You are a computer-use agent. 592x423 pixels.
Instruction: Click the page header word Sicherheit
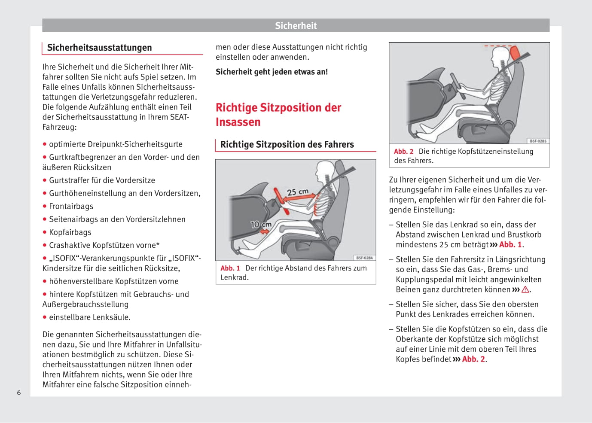pyautogui.click(x=296, y=26)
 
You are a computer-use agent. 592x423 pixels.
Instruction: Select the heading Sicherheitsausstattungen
pyautogui.click(x=99, y=48)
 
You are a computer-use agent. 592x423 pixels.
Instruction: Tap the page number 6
pyautogui.click(x=19, y=393)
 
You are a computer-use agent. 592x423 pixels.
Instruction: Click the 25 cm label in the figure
pyautogui.click(x=297, y=192)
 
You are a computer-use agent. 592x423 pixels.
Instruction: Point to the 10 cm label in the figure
pyautogui.click(x=261, y=224)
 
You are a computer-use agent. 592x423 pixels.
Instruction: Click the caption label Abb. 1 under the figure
pyautogui.click(x=230, y=268)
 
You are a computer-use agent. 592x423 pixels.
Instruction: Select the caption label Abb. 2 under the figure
pyautogui.click(x=403, y=152)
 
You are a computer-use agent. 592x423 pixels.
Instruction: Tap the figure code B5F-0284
pyautogui.click(x=365, y=258)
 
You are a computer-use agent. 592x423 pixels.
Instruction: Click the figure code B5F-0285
pyautogui.click(x=538, y=141)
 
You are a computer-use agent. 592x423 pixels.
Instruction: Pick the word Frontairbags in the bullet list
pyautogui.click(x=71, y=207)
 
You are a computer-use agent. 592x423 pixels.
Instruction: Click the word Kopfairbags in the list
pyautogui.click(x=70, y=232)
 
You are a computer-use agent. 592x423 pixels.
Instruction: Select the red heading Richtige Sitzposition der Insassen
pyautogui.click(x=278, y=115)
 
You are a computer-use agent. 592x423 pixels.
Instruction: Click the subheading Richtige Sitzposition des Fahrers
pyautogui.click(x=287, y=145)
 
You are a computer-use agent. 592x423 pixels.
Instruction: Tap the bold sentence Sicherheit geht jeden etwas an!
pyautogui.click(x=272, y=72)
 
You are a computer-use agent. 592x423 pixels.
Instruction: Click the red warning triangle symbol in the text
pyautogui.click(x=525, y=290)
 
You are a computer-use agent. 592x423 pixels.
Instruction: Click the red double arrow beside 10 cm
pyautogui.click(x=265, y=231)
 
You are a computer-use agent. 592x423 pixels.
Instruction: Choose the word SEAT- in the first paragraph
pyautogui.click(x=180, y=117)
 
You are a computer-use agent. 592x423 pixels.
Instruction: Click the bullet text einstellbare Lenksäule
pyautogui.click(x=89, y=317)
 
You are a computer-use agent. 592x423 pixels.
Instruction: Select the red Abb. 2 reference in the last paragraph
pyautogui.click(x=473, y=359)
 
